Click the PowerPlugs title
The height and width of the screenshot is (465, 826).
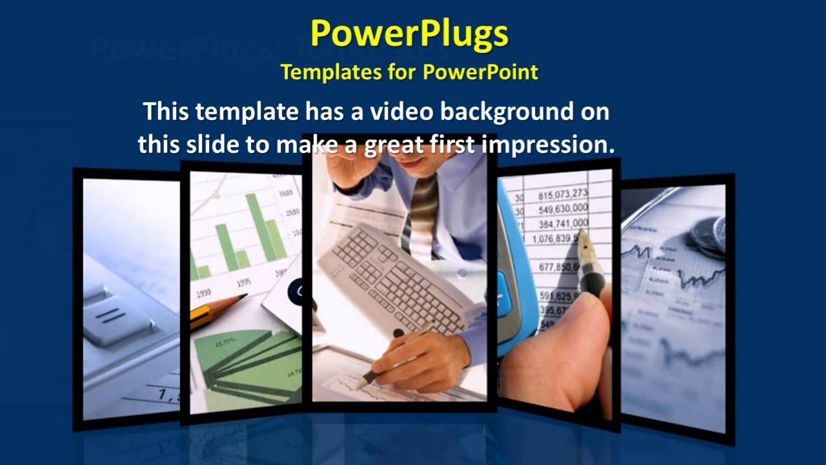tap(409, 34)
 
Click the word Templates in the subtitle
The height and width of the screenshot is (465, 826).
tap(330, 72)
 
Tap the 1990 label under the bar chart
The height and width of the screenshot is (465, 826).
tap(203, 292)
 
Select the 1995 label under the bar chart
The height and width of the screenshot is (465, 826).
tap(244, 282)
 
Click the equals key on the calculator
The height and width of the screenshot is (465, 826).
tap(110, 316)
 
